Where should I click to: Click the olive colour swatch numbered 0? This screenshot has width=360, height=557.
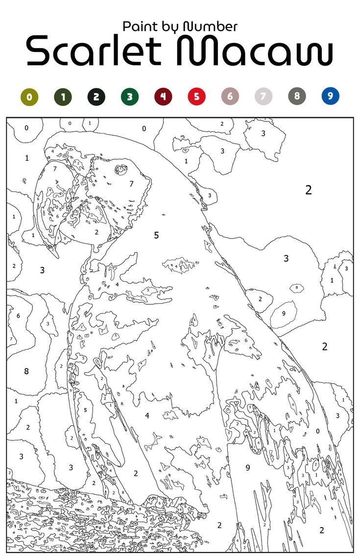point(29,97)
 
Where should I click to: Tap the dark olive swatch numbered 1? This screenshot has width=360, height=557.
point(63,97)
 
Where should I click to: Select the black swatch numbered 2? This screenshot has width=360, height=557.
point(96,97)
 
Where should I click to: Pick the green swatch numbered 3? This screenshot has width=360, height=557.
point(129,97)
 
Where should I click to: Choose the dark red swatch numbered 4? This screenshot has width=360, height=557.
point(163,97)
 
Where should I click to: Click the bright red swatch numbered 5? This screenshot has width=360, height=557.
point(196,97)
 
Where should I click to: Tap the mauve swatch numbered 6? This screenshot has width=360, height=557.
point(230,97)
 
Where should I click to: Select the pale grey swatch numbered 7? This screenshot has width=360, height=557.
point(263,97)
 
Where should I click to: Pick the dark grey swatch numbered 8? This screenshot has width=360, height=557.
point(297,97)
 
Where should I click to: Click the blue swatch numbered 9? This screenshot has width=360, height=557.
point(330,97)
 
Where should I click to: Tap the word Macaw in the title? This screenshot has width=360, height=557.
point(255,51)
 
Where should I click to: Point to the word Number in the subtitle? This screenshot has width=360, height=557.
point(211,26)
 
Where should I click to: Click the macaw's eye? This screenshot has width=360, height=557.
point(120,170)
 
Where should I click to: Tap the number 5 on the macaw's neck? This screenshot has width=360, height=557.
point(156,235)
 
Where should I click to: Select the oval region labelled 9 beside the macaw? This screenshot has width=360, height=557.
point(284,314)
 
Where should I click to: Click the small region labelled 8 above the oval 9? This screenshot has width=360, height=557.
point(296,288)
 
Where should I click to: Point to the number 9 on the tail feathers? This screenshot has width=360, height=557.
point(248,467)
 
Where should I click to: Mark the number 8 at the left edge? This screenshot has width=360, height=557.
point(26,371)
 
